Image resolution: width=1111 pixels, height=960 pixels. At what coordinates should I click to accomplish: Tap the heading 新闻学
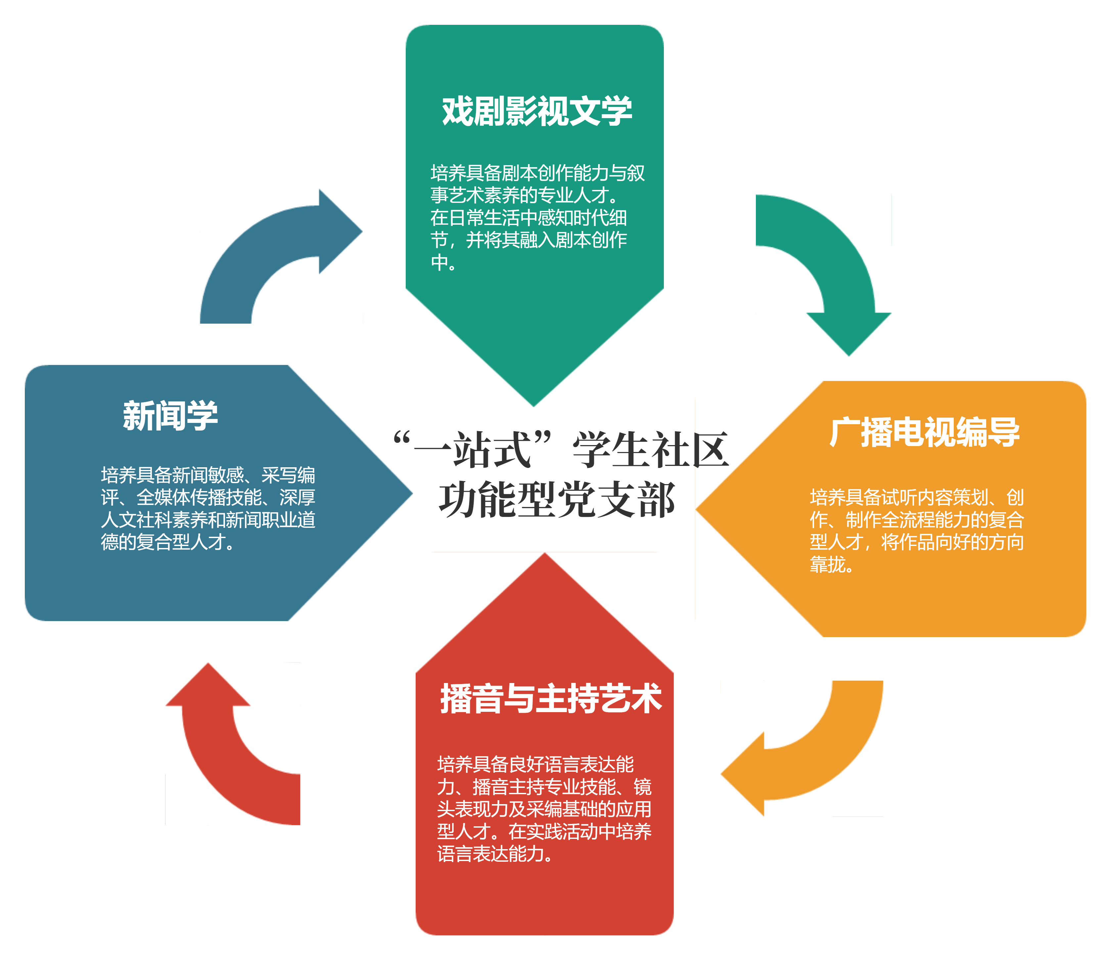click(x=170, y=416)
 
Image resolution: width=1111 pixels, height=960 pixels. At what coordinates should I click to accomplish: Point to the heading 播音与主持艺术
click(x=551, y=699)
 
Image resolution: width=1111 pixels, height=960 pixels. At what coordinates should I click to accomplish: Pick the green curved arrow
click(x=836, y=257)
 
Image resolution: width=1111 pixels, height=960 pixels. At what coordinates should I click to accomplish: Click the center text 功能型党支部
click(x=557, y=500)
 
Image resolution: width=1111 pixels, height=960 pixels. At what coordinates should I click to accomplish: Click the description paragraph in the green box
click(x=536, y=217)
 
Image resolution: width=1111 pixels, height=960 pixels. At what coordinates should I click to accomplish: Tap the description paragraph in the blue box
click(x=208, y=508)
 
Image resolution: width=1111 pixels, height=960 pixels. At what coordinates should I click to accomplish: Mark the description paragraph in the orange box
click(x=916, y=531)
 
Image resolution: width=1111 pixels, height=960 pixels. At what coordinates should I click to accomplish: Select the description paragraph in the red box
click(x=544, y=809)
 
